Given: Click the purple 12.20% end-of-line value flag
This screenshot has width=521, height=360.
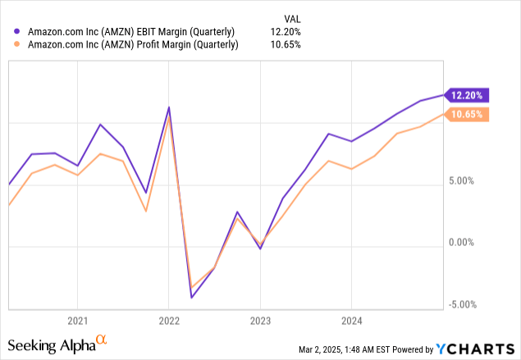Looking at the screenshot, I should pos(468,95).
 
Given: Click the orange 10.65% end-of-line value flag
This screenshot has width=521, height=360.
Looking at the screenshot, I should pos(468,115).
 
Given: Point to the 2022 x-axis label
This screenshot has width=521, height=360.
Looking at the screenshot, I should pos(168,321).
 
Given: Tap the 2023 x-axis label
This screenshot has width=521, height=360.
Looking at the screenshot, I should pos(260,321).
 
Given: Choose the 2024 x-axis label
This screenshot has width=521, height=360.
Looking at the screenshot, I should pos(351,321).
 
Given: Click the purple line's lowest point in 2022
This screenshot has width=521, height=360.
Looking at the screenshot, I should pos(191,297).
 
